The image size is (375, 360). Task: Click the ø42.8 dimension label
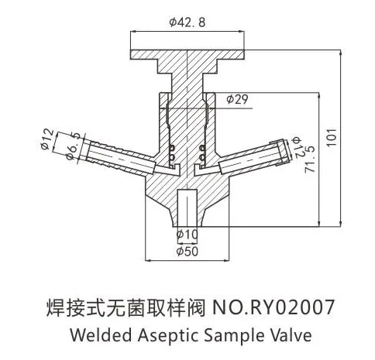tap(187, 22)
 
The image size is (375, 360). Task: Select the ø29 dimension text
tap(237, 99)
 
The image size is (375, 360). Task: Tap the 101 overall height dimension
tap(332, 137)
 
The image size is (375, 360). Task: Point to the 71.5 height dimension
tap(309, 159)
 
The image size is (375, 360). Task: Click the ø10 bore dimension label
tap(187, 235)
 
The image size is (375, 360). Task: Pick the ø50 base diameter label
tap(187, 251)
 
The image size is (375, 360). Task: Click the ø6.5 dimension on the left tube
tap(74, 146)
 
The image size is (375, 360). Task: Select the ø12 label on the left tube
tap(48, 139)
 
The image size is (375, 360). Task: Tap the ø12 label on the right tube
tap(298, 148)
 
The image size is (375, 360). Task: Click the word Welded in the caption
tap(101, 335)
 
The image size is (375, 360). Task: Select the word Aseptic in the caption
tap(168, 336)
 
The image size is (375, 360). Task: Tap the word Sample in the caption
tap(235, 336)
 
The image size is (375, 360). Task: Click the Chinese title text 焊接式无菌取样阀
tap(126, 307)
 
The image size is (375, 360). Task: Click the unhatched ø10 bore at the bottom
tap(187, 208)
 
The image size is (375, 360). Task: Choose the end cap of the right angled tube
tap(283, 153)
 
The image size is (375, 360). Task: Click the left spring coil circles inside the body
tap(172, 153)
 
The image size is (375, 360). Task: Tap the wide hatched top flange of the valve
tap(187, 55)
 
